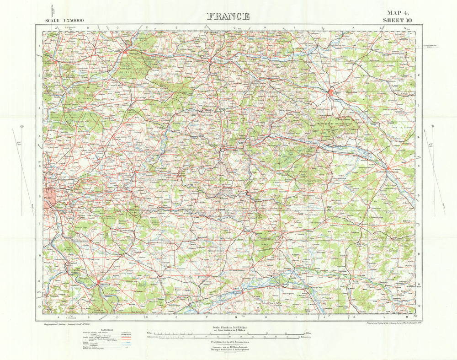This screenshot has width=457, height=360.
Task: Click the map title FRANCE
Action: point(228,16)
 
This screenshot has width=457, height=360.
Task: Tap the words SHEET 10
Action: point(399,20)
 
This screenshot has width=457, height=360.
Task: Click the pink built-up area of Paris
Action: point(50,201)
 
